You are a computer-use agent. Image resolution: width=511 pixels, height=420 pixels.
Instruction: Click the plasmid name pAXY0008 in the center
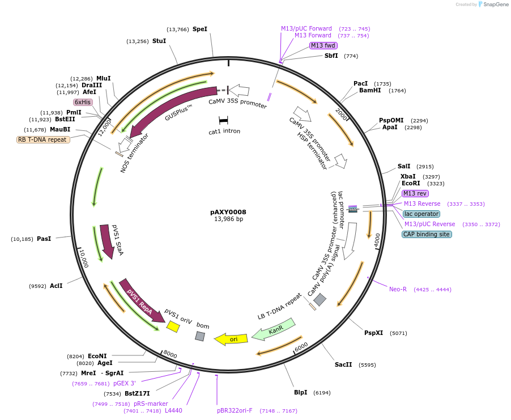228,212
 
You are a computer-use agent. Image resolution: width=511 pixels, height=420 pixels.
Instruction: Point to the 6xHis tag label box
83,102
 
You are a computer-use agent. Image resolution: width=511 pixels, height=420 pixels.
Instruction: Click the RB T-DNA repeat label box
43,139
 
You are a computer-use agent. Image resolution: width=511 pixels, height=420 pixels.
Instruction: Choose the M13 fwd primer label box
323,45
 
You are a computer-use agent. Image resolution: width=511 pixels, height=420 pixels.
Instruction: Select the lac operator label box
421,214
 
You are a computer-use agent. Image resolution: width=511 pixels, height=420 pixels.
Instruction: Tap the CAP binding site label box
427,234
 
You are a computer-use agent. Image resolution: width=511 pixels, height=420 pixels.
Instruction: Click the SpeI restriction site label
200,29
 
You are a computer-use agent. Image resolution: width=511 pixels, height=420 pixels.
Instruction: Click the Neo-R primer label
398,289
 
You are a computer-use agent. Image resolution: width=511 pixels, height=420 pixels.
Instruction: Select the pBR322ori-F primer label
235,410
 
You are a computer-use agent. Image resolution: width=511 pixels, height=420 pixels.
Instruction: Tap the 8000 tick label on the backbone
170,355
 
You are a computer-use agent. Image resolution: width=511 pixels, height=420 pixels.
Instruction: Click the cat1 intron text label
224,131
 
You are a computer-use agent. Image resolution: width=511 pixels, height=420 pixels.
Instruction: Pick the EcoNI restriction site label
97,356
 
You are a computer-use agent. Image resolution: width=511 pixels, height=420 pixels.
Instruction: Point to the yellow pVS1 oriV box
173,326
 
